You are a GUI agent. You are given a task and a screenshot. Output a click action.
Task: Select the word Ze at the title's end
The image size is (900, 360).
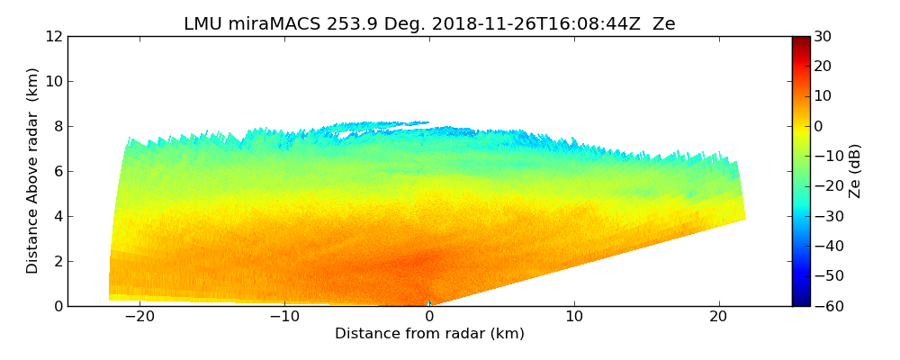coord(663,24)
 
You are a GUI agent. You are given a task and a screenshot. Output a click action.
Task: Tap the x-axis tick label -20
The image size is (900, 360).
coord(138,318)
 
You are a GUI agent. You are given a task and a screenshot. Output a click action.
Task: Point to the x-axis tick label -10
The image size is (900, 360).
coord(283,318)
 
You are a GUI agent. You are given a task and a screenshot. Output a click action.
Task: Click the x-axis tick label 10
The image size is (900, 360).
coord(574,318)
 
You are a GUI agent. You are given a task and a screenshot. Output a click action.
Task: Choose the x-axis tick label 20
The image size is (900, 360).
coord(719,318)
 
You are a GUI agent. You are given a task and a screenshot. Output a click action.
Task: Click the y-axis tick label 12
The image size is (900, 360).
coord(53,37)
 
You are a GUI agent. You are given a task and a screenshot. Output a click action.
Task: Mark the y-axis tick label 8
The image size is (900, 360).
coord(58,127)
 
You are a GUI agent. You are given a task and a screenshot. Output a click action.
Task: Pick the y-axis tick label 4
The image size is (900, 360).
coord(58,217)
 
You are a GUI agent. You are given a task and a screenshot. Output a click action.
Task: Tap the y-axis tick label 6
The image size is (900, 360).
coord(58,172)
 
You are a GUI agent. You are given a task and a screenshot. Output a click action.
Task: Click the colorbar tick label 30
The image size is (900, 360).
coord(823,37)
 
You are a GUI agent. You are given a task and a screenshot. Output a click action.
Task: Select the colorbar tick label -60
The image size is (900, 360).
coord(826,306)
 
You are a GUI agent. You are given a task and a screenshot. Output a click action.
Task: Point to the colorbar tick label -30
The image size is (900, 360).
coord(826,216)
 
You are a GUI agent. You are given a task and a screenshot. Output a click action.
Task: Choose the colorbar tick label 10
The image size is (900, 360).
coord(823,96)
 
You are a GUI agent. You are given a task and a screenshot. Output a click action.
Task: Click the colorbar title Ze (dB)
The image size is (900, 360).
coord(855,171)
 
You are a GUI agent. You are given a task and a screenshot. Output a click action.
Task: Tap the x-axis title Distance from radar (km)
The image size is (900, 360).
coord(429,334)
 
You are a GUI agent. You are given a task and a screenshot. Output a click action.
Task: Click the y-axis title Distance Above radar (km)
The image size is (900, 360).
coord(33,171)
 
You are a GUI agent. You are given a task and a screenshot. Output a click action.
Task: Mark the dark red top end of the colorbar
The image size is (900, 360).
coord(800,40)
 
